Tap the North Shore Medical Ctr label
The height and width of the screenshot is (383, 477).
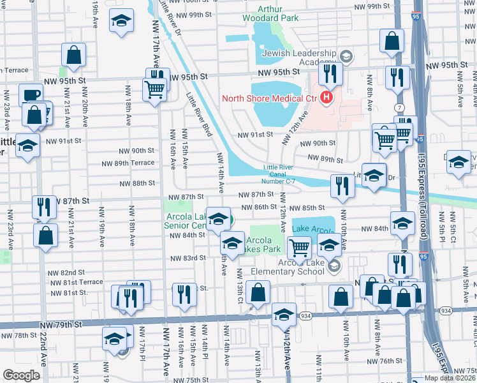coord(270,98)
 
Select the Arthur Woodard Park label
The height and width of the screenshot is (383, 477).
coord(270,13)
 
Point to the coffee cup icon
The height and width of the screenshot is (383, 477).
coord(30,96)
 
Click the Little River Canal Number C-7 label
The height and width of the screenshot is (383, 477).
coord(279,174)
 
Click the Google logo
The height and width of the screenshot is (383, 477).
coord(21,375)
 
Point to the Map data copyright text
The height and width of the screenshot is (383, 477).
coord(450,378)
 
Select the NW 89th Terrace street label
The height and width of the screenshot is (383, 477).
coord(125,163)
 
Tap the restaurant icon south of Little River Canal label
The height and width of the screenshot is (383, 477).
coord(342,186)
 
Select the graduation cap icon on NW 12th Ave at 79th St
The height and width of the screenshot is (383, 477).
coord(284,315)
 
